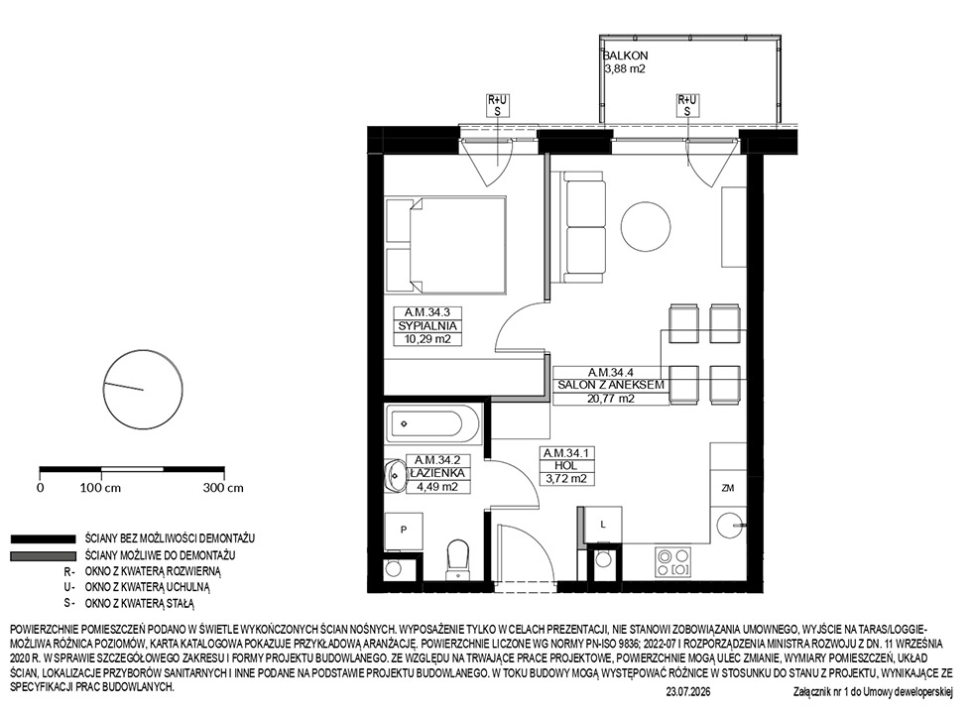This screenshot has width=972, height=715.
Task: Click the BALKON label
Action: click(x=626, y=56)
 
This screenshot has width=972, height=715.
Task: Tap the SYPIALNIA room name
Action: click(x=427, y=326)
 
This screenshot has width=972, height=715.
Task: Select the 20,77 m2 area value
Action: click(x=611, y=399)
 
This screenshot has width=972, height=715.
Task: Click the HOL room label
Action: click(x=566, y=466)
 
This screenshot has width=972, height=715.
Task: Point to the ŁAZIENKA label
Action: click(x=437, y=473)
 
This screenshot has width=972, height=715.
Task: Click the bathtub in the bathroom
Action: click(x=432, y=424)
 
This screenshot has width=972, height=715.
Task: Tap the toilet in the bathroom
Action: click(x=458, y=559)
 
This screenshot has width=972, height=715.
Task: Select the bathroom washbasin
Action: click(x=395, y=476)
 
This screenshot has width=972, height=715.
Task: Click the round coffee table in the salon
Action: click(x=646, y=227)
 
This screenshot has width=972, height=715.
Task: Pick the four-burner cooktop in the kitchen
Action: click(x=673, y=561)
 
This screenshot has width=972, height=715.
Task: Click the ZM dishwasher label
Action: click(x=728, y=488)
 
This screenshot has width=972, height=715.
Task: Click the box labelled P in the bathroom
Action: click(x=404, y=531)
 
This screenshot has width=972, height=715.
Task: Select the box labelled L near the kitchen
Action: click(x=603, y=525)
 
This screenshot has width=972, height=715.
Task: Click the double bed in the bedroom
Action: click(x=445, y=244)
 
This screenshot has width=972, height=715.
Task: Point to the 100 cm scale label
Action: click(x=100, y=488)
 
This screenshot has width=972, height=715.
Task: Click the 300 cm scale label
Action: click(x=223, y=488)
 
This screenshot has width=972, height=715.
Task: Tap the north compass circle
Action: click(x=143, y=390)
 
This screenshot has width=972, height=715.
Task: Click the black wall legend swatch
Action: click(x=43, y=539)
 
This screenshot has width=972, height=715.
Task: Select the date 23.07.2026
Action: click(x=688, y=691)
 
